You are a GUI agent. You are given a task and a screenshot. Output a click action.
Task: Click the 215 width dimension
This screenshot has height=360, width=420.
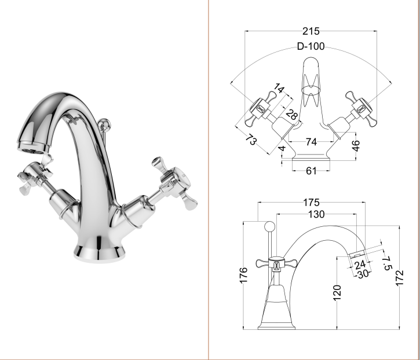click(x=311, y=31)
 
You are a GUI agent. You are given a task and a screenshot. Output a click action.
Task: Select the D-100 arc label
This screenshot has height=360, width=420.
click(x=311, y=46)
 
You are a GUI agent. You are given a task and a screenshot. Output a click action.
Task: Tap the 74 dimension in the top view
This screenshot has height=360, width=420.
click(x=311, y=142)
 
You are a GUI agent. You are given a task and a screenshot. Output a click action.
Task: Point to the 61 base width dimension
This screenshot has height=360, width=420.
click(x=311, y=171)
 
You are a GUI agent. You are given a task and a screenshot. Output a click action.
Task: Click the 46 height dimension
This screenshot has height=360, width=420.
click(x=356, y=146)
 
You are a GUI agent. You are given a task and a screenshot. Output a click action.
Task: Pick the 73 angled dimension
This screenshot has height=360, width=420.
click(x=251, y=139)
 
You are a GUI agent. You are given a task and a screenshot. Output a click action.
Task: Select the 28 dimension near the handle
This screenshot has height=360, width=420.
click(x=292, y=115)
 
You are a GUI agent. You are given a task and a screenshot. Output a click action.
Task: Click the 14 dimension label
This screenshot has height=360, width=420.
click(x=279, y=89)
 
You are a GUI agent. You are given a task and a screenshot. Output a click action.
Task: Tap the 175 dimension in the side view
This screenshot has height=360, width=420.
click(x=311, y=203)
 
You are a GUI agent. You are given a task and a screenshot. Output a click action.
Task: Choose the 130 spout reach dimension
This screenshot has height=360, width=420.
click(x=316, y=214)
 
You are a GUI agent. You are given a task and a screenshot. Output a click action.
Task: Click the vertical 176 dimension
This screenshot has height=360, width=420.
click(x=243, y=275)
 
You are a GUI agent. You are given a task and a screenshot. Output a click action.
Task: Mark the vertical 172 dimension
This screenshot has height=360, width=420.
click(x=399, y=278)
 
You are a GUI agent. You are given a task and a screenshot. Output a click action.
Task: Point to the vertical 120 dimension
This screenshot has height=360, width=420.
click(x=337, y=293)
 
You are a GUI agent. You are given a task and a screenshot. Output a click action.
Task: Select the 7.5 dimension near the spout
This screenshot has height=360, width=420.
click(x=388, y=263)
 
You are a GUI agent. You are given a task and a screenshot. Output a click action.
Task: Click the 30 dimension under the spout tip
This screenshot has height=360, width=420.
click(x=363, y=274)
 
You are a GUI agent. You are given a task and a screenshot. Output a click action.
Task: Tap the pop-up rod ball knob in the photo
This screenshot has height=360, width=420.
click(x=104, y=124)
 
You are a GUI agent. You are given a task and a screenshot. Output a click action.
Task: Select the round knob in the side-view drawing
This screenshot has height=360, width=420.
click(x=269, y=227)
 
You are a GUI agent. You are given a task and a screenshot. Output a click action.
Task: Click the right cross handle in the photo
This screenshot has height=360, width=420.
click(x=174, y=182)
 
